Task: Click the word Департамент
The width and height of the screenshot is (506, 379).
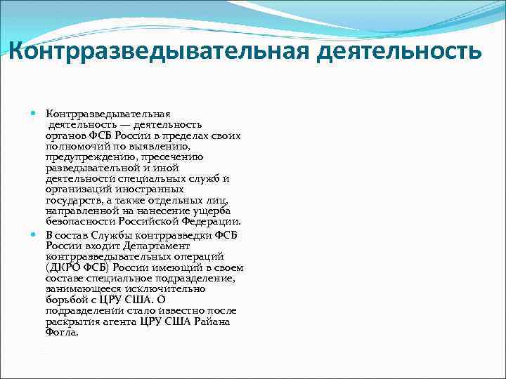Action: coord(176,246)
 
